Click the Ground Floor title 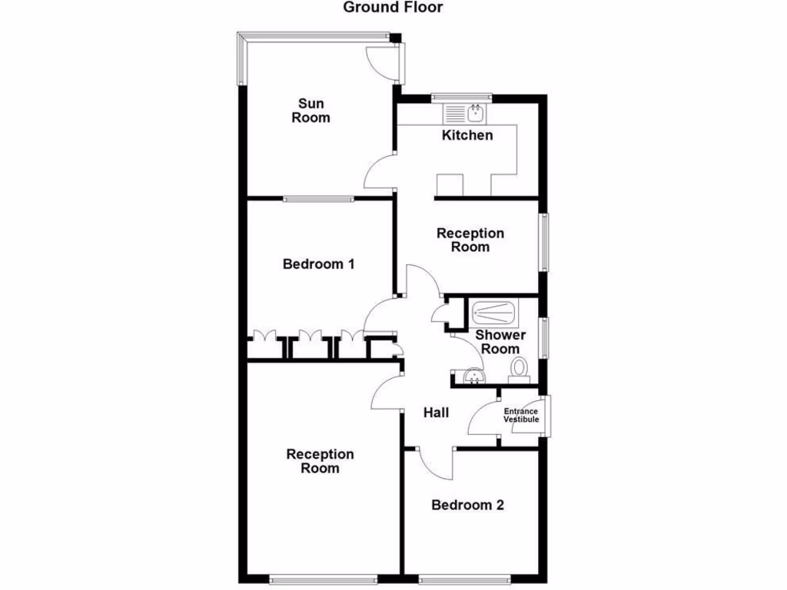[x=393, y=8]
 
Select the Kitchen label [x=467, y=135]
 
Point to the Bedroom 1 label [x=318, y=264]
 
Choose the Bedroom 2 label [x=467, y=505]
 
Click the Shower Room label [x=500, y=341]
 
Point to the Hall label [x=436, y=413]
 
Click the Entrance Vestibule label [x=521, y=415]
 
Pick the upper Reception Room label [x=470, y=240]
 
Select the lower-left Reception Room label [x=320, y=461]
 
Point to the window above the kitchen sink [x=461, y=98]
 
